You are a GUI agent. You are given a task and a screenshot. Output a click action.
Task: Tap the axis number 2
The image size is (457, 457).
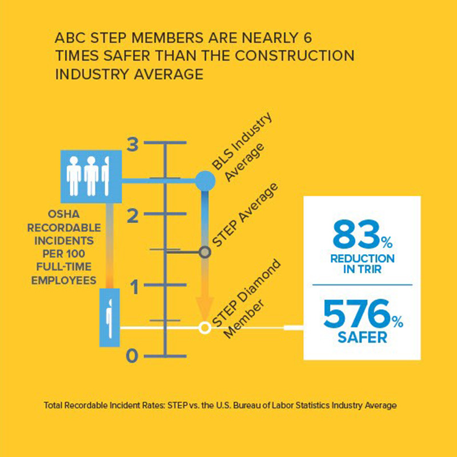coord(133,216)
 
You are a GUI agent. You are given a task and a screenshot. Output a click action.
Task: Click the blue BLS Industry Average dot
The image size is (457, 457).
coord(205,181)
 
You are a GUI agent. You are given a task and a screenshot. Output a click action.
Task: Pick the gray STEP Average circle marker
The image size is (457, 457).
coord(205,251)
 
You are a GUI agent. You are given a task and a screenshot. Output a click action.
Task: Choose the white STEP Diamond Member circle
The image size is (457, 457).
coord(204,328)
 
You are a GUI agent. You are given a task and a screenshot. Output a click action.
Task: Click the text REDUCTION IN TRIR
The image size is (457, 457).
coord(362,263)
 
